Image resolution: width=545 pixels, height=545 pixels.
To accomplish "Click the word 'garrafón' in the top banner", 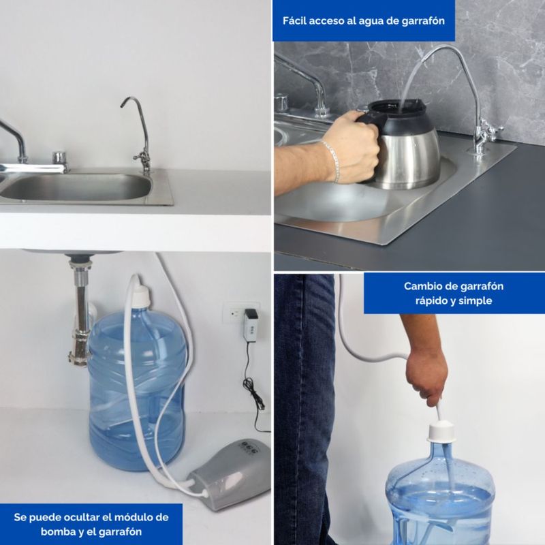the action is pos(423,21).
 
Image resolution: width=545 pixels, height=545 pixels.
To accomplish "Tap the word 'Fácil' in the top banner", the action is pos(294,20).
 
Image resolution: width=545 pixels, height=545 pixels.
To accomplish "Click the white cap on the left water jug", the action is pos(141,294).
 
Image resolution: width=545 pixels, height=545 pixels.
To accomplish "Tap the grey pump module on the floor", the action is pos(230,474).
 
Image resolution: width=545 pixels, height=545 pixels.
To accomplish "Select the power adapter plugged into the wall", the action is pos(251,324).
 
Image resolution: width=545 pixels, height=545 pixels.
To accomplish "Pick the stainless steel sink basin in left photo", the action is pos(76,188).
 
